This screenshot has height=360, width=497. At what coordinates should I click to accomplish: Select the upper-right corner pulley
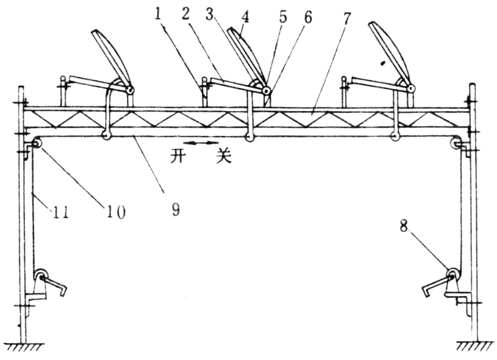click(455, 144)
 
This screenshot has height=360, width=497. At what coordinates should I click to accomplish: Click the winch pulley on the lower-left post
click(41, 276)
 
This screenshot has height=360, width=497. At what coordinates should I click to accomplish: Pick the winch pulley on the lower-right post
click(452, 274)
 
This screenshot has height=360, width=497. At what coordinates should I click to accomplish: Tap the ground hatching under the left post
click(22, 347)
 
